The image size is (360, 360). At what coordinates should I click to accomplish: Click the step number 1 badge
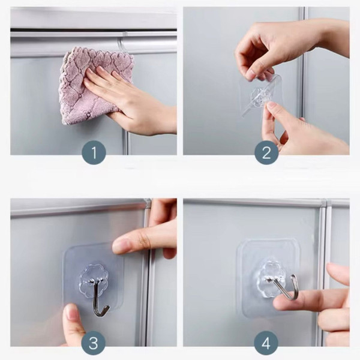(x=94, y=152)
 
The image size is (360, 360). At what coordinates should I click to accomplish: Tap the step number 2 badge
(x=266, y=152)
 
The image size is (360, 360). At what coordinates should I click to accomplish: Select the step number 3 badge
(x=94, y=343)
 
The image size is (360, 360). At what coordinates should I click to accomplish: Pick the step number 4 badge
(x=266, y=343)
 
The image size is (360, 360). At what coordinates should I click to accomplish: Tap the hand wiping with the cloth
(x=131, y=99)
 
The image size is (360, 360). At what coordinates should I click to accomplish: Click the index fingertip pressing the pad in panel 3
(x=120, y=245)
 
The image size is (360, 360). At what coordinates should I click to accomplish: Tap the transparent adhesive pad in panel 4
(x=268, y=278)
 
